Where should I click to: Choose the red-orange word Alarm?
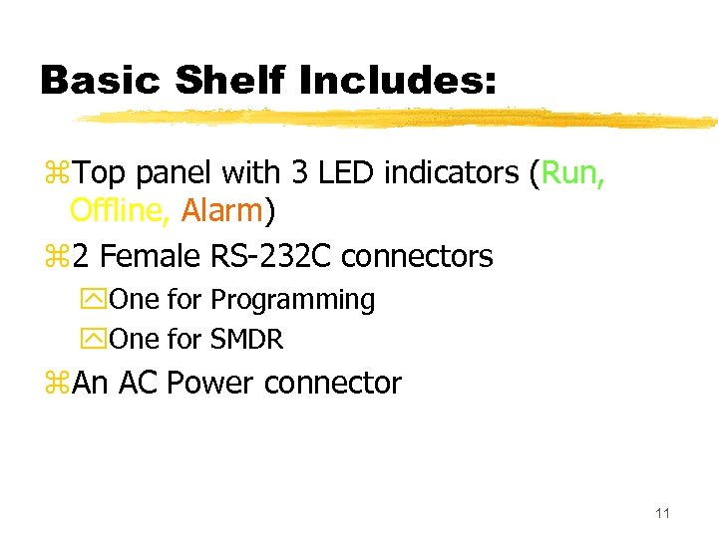pyautogui.click(x=221, y=212)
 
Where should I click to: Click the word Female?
pyautogui.click(x=150, y=256)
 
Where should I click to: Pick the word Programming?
pyautogui.click(x=293, y=301)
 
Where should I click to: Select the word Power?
pyautogui.click(x=210, y=383)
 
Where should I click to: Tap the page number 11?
pyautogui.click(x=662, y=514)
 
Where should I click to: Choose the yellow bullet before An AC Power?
pyautogui.click(x=55, y=384)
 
